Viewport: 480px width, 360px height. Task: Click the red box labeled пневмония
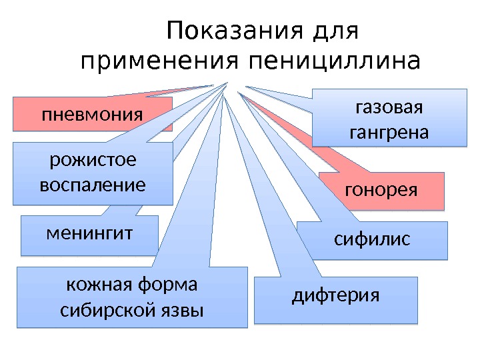click(x=93, y=113)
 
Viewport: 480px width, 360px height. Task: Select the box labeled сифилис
click(x=372, y=240)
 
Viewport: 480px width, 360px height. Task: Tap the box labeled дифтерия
click(x=336, y=300)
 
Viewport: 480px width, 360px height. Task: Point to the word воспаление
click(x=93, y=184)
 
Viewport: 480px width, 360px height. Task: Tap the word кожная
click(x=98, y=285)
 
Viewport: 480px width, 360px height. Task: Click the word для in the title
click(x=339, y=31)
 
